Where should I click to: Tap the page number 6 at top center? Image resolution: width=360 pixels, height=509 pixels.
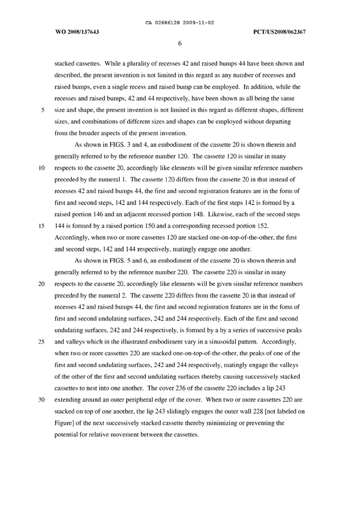click(x=179, y=42)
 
